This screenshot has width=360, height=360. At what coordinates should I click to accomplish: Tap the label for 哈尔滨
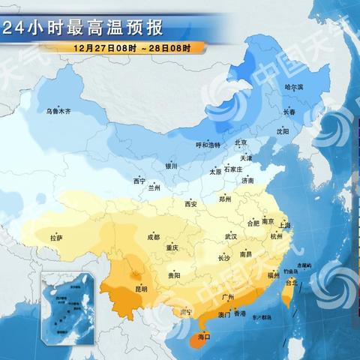(x=294, y=88)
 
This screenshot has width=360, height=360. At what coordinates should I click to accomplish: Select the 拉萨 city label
(x=56, y=238)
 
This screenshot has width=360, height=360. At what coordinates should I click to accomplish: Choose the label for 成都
(x=154, y=237)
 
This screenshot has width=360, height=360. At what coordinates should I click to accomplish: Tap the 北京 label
(x=241, y=142)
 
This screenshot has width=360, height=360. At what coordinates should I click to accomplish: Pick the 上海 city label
(x=284, y=224)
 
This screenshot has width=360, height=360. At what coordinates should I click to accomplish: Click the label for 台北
(x=293, y=283)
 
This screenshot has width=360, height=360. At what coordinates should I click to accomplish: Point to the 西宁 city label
(x=139, y=181)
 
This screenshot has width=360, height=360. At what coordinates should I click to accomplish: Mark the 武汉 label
(x=230, y=236)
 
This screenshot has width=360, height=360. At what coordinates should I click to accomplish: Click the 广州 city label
(x=230, y=297)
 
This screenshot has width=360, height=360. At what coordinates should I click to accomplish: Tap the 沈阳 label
(x=282, y=130)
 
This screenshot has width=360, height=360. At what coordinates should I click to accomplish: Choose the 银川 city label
(x=172, y=166)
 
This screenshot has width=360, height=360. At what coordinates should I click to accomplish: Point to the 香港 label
(x=239, y=314)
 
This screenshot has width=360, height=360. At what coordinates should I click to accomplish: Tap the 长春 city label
(x=289, y=112)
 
